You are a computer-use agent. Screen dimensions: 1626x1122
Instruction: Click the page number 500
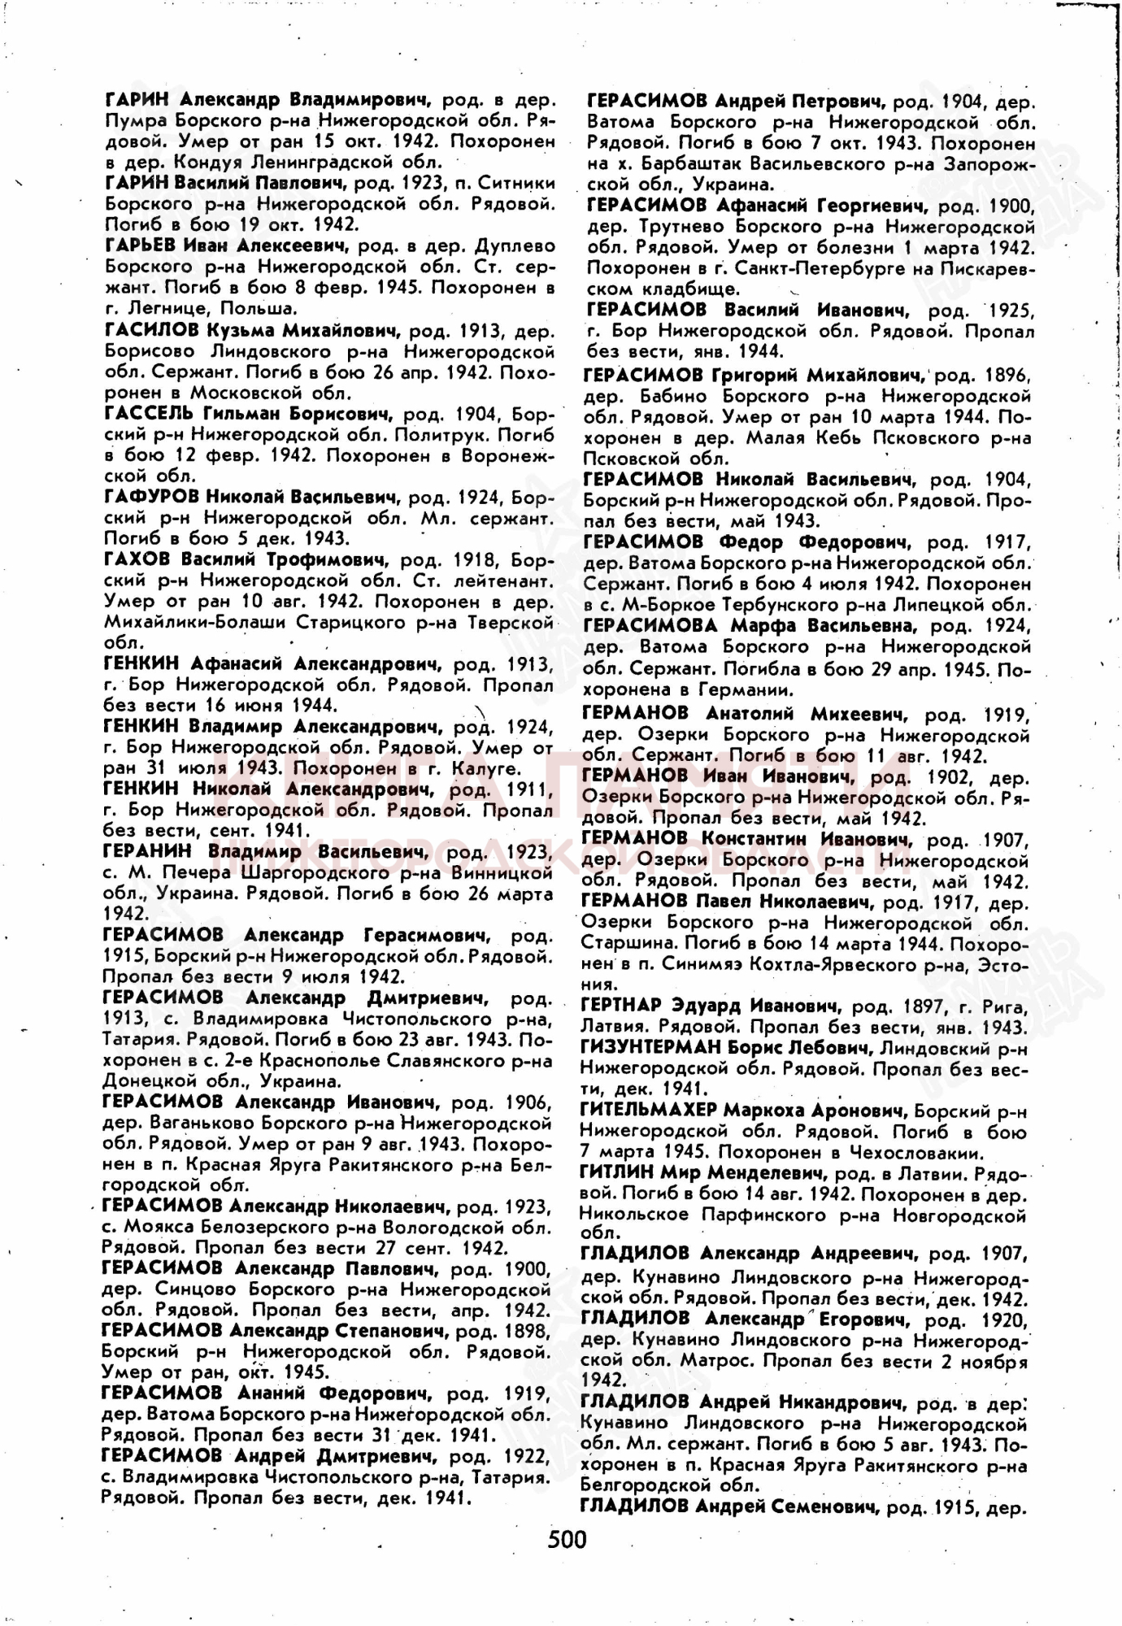(x=567, y=1539)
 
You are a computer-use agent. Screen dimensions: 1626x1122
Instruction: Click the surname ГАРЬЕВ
(x=139, y=246)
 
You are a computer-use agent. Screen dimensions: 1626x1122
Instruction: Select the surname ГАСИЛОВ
(x=151, y=331)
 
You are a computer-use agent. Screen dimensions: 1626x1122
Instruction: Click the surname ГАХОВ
(x=137, y=559)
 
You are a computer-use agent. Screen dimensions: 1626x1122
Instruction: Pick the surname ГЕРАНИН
(x=147, y=851)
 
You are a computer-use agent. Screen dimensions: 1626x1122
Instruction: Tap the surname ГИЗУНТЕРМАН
(x=650, y=1048)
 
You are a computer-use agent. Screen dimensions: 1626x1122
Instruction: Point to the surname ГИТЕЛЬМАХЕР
(x=648, y=1111)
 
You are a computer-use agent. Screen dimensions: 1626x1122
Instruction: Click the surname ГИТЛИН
(x=615, y=1173)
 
